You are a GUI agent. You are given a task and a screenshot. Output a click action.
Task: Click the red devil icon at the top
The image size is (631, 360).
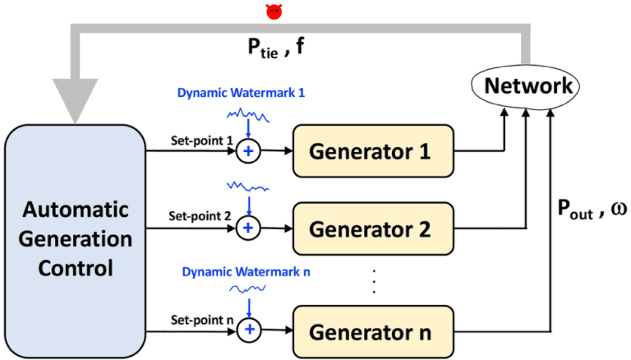tap(273, 11)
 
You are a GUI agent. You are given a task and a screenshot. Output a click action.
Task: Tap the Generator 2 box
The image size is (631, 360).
tap(372, 228)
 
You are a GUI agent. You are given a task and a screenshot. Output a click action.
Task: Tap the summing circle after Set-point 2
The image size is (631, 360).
tap(247, 228)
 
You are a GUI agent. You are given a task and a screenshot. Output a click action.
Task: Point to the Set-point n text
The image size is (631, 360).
tap(196, 319)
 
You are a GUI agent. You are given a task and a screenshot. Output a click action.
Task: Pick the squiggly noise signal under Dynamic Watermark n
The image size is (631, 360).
tap(246, 289)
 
